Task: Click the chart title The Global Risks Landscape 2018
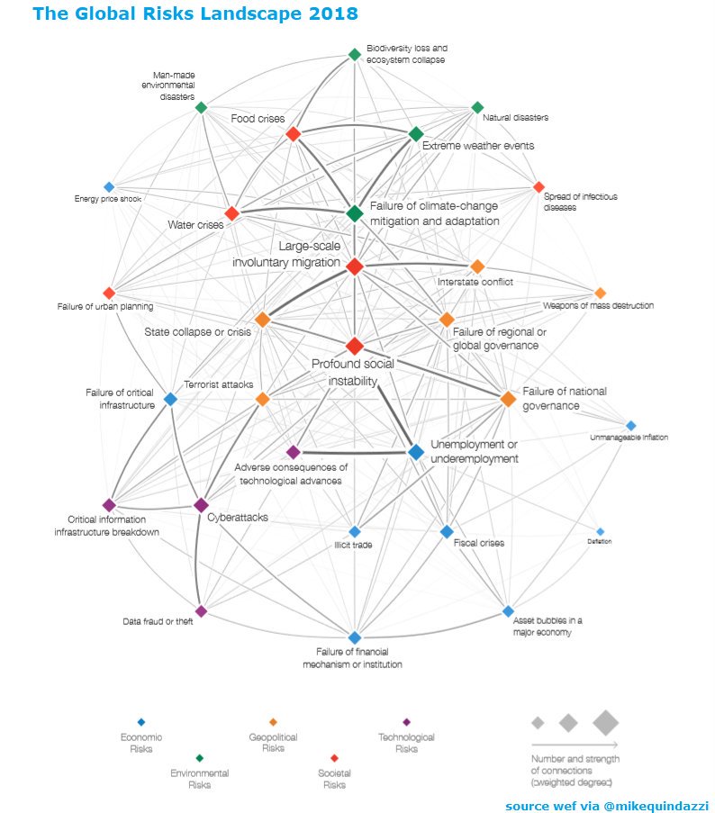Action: point(195,14)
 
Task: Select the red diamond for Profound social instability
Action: point(355,346)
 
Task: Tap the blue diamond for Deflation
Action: point(601,531)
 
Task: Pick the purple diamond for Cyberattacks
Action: point(201,505)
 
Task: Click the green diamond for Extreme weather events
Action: point(416,134)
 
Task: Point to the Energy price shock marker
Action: point(109,187)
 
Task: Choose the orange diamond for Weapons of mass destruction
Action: point(601,293)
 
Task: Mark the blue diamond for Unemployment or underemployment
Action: point(416,452)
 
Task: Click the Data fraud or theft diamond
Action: point(201,610)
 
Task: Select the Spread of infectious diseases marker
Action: point(539,187)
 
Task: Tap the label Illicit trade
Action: point(354,545)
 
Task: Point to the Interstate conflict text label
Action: point(475,283)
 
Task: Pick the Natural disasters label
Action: point(515,118)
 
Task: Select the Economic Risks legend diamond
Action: point(140,722)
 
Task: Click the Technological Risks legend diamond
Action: point(406,722)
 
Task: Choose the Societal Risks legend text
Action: point(334,779)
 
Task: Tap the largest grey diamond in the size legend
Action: point(605,722)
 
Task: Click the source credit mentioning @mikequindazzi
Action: point(607,805)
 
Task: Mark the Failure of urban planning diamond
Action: point(109,293)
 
